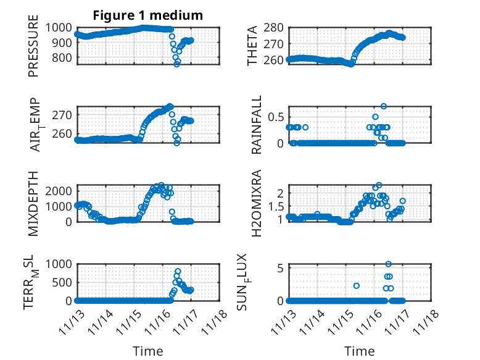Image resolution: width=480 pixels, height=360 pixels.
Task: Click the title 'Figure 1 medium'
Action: pos(147,15)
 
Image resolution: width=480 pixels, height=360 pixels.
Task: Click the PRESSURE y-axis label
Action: pos(33,50)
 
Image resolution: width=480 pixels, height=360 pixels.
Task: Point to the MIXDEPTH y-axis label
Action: pos(33,203)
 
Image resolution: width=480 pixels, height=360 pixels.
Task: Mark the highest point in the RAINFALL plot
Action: pos(384,106)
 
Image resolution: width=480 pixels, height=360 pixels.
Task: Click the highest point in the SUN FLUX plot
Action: pos(388,264)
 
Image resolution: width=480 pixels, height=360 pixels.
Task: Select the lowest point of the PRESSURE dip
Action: pos(177,64)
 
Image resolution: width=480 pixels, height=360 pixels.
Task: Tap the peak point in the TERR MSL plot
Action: pos(178,271)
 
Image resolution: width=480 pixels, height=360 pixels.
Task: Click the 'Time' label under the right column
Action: pos(359,351)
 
